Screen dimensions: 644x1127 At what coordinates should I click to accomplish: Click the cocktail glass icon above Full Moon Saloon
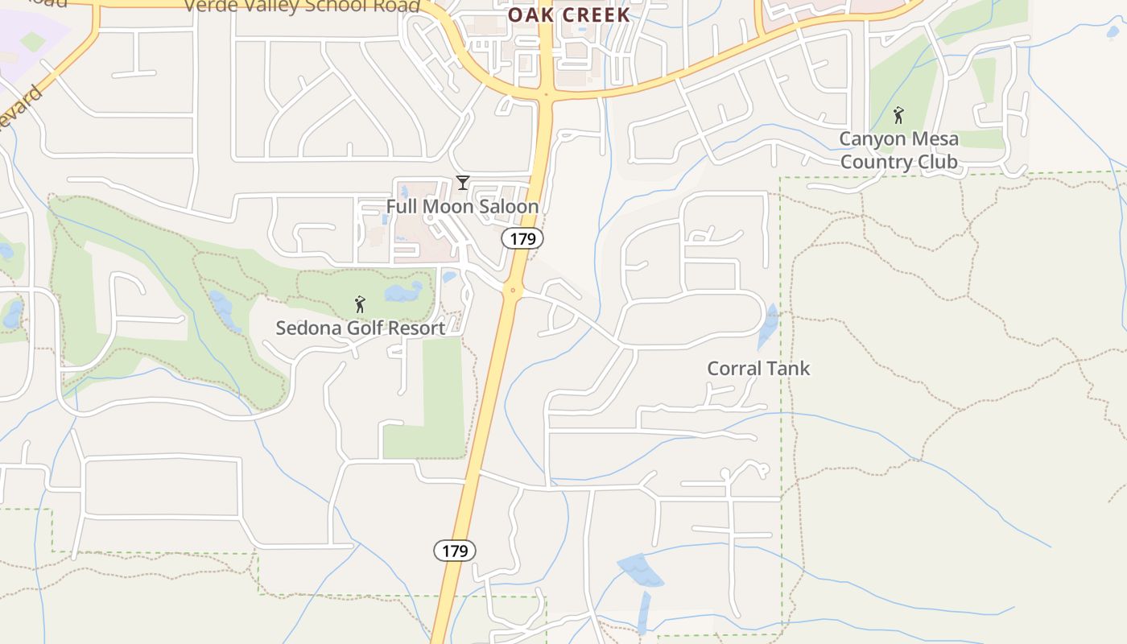pos(462,183)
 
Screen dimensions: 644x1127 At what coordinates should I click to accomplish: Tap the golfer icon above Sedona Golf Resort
pos(360,304)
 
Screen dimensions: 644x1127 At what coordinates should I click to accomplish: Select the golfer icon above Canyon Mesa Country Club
pos(898,114)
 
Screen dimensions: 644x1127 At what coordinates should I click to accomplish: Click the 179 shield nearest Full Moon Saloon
pos(522,238)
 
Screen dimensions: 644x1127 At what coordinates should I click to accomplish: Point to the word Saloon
pos(506,207)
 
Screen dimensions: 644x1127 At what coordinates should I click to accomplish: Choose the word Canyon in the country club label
pos(872,138)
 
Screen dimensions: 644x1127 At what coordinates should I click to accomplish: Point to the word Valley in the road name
pos(270,6)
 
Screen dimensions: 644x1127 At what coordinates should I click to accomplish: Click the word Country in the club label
pos(873,162)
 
